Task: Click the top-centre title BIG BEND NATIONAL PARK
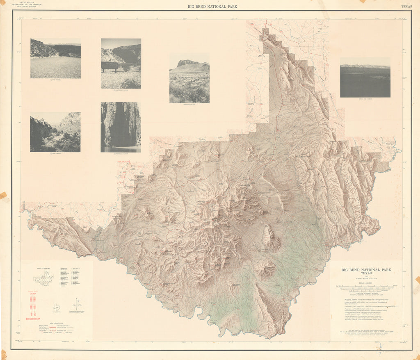pyautogui.click(x=212, y=7)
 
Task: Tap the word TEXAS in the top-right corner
pyautogui.click(x=406, y=7)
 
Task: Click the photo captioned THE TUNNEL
pyautogui.click(x=55, y=58)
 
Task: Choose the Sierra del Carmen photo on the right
pyautogui.click(x=365, y=77)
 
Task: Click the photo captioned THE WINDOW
pyautogui.click(x=55, y=132)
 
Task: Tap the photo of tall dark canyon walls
pyautogui.click(x=121, y=127)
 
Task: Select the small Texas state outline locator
pyautogui.click(x=56, y=307)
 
